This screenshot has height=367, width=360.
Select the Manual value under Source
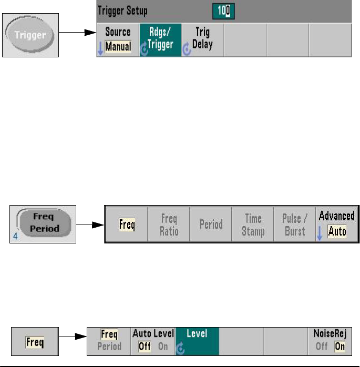pyautogui.click(x=118, y=47)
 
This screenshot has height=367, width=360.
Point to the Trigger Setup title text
pyautogui.click(x=124, y=11)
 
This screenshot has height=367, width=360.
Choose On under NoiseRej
pyautogui.click(x=340, y=346)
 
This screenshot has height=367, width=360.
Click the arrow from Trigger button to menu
pyautogui.click(x=77, y=34)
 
